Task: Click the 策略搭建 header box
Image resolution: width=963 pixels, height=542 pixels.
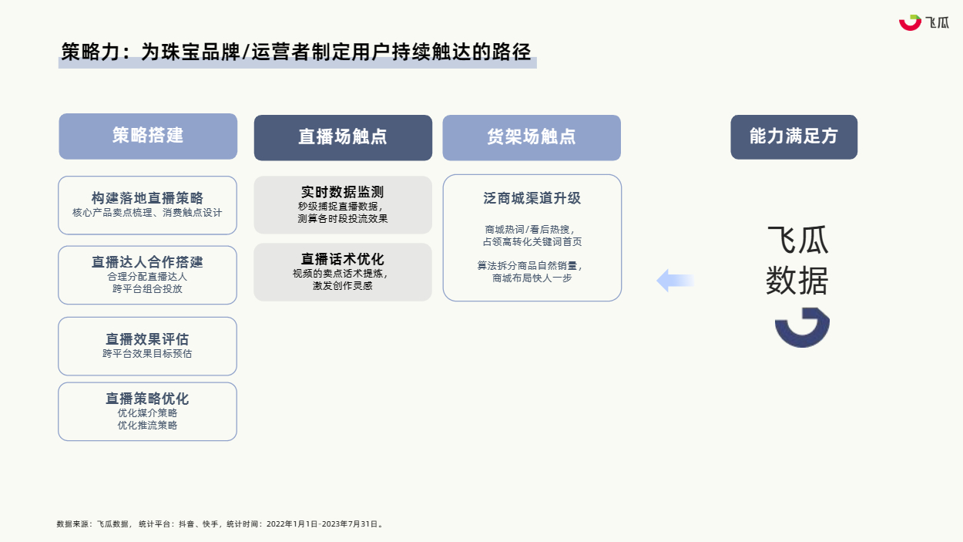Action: (x=148, y=136)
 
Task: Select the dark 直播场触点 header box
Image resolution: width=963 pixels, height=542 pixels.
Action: (x=343, y=138)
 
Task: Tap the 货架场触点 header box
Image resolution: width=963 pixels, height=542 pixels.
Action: (x=532, y=138)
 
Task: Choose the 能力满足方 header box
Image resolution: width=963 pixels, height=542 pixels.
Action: (x=794, y=136)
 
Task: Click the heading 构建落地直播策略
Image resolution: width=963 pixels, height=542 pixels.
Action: (x=147, y=198)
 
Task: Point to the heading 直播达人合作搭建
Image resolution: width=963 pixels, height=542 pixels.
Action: (x=147, y=262)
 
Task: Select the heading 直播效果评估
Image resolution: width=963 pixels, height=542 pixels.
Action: (x=147, y=339)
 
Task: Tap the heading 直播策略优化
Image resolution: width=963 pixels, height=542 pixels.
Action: (x=147, y=399)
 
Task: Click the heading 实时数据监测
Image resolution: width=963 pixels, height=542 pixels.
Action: (x=343, y=192)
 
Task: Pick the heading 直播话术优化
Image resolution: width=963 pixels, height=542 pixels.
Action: (x=343, y=259)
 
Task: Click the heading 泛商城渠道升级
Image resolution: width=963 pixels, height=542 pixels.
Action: (x=532, y=198)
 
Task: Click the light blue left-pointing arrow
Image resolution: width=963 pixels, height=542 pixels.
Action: (x=675, y=281)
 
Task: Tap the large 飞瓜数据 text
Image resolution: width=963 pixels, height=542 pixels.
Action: (x=797, y=261)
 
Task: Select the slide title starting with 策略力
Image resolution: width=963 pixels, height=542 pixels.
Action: (x=296, y=52)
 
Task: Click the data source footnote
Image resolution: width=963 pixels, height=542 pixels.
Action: (x=220, y=524)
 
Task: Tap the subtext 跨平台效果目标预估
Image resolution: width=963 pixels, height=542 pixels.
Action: (x=147, y=354)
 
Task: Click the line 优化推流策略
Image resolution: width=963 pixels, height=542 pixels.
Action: (x=147, y=426)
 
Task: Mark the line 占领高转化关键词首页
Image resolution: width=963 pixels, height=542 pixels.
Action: (x=532, y=242)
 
